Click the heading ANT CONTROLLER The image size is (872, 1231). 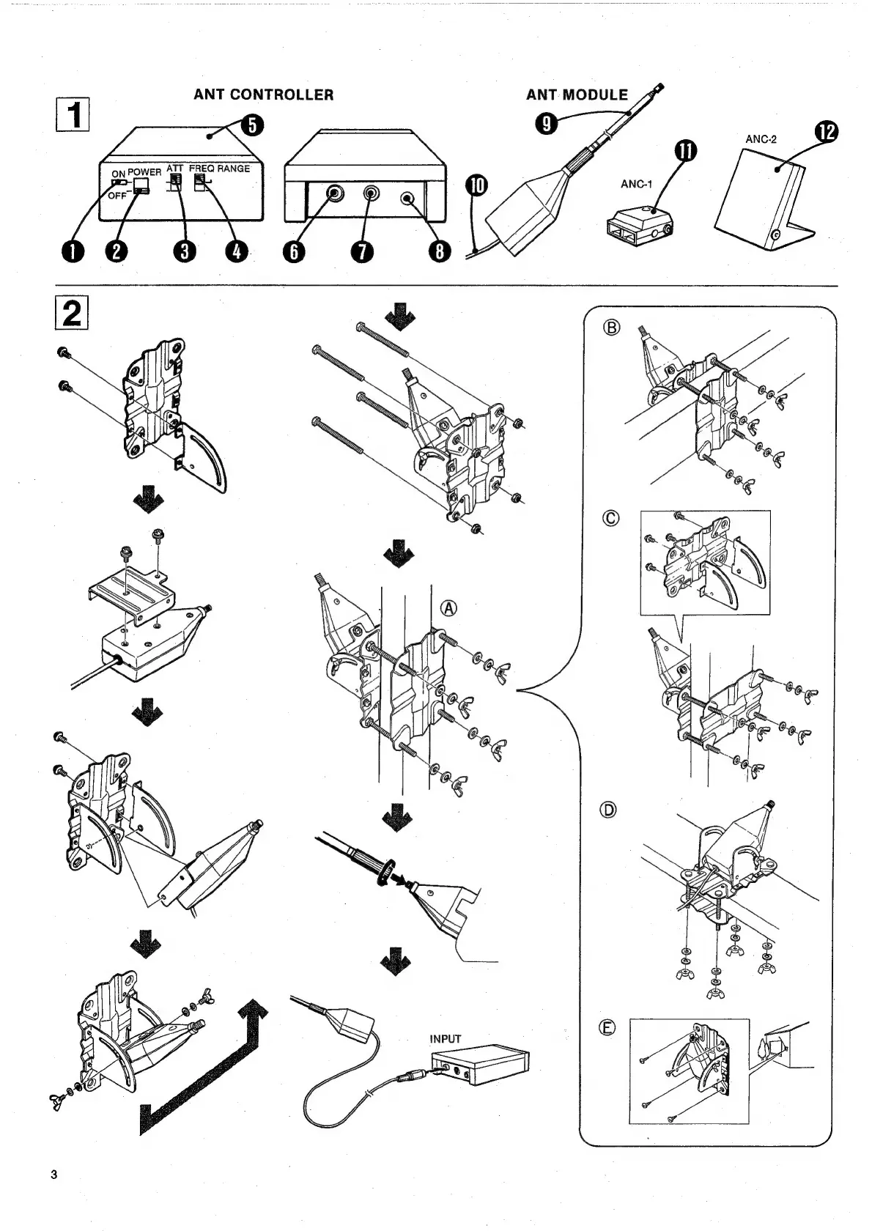(x=263, y=95)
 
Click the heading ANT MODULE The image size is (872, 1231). (x=577, y=95)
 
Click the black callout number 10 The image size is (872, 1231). (x=476, y=186)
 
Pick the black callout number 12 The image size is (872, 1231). (x=826, y=133)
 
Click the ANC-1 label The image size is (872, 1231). (x=636, y=184)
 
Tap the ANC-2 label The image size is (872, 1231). (x=761, y=139)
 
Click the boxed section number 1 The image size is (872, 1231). (x=73, y=116)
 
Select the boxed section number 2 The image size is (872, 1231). (x=73, y=314)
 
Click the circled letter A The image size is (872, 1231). (x=448, y=608)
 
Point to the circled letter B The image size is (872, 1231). (x=611, y=328)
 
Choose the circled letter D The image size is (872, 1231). (x=609, y=810)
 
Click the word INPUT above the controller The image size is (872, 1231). (x=446, y=1039)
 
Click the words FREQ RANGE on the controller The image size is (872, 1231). (x=220, y=169)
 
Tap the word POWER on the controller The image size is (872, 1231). (x=144, y=172)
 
